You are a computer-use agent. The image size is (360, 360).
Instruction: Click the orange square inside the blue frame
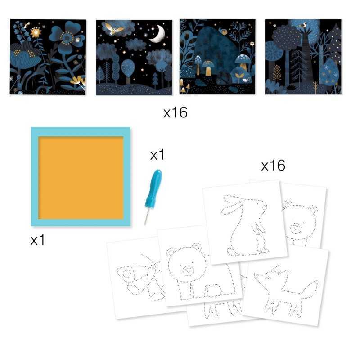click(81, 177)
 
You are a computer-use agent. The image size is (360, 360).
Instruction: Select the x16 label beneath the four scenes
click(175, 112)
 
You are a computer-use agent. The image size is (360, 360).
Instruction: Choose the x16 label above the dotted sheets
click(273, 166)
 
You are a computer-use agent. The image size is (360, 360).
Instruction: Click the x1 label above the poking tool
click(157, 155)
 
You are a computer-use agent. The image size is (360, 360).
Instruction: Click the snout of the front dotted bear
click(188, 271)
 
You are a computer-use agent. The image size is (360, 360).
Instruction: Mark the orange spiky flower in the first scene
click(35, 32)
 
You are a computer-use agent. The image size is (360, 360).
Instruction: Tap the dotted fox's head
click(270, 279)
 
